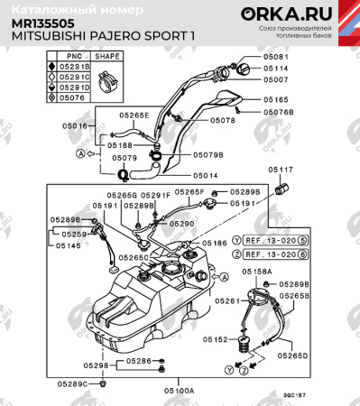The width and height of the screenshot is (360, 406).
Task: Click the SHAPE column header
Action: point(108,56)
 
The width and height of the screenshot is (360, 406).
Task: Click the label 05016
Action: point(77,126)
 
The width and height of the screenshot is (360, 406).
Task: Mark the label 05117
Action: point(280,170)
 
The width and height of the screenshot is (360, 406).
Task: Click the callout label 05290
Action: point(181,223)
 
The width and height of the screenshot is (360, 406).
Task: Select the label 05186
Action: point(214,244)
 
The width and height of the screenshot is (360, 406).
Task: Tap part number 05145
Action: point(69,245)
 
